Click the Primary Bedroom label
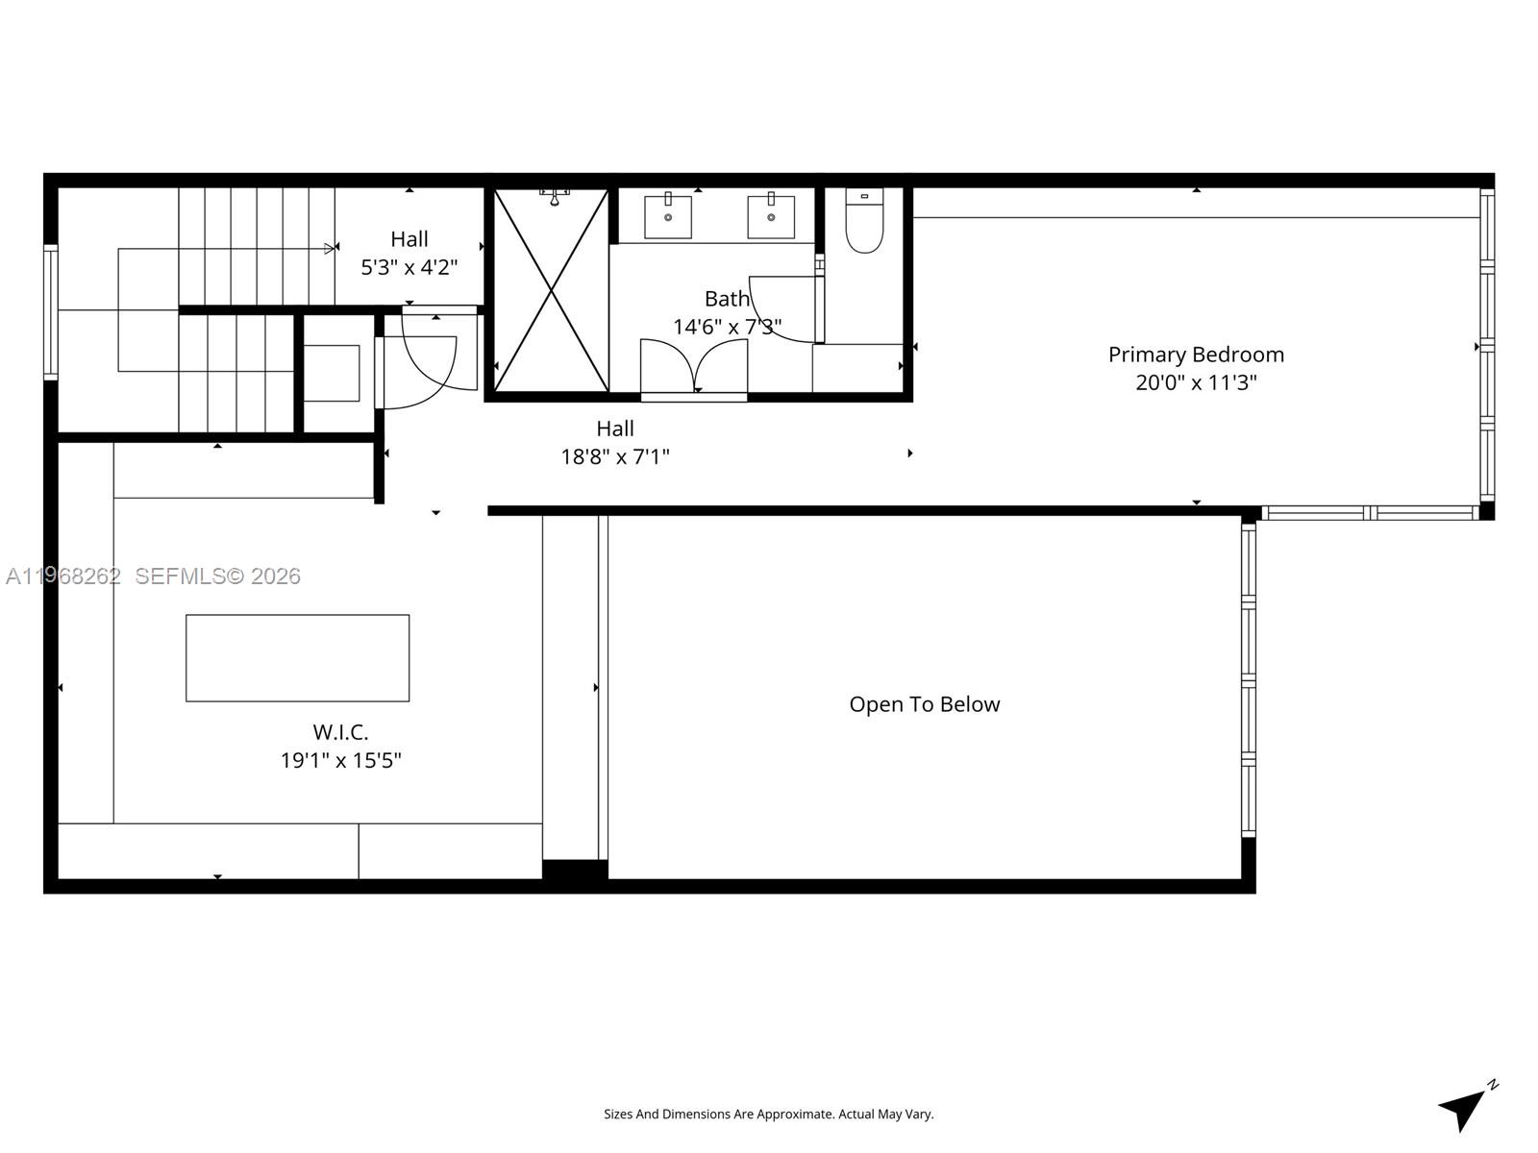[x=1196, y=355]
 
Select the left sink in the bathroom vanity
[x=667, y=216]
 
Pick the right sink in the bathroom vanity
[x=771, y=216]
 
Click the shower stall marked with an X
[x=551, y=290]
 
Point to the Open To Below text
[x=924, y=704]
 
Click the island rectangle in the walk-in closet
[x=297, y=657]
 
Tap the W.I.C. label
[x=340, y=732]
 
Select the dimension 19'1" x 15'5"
[x=340, y=760]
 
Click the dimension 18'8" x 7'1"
[x=615, y=456]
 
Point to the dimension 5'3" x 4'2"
[x=409, y=267]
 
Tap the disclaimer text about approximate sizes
[x=768, y=1115]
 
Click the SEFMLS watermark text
[x=217, y=576]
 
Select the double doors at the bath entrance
[x=694, y=367]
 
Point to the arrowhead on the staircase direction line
[x=330, y=249]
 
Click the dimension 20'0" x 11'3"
[x=1196, y=382]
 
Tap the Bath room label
[x=727, y=299]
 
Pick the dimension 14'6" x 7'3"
[x=727, y=327]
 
